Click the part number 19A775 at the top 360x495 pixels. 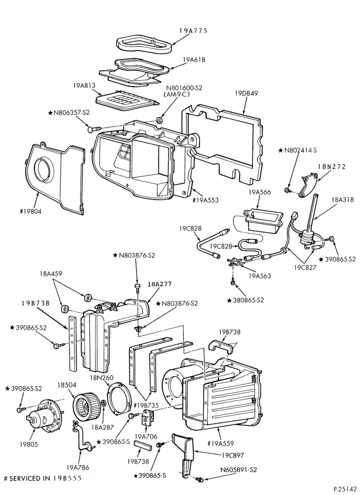(193, 31)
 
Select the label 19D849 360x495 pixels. (246, 93)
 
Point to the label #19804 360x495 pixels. (30, 211)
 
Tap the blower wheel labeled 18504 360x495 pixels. (87, 405)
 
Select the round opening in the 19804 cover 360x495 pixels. (44, 171)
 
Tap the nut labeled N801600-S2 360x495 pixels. (160, 120)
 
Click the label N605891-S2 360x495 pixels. (238, 470)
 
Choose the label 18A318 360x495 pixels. (342, 199)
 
